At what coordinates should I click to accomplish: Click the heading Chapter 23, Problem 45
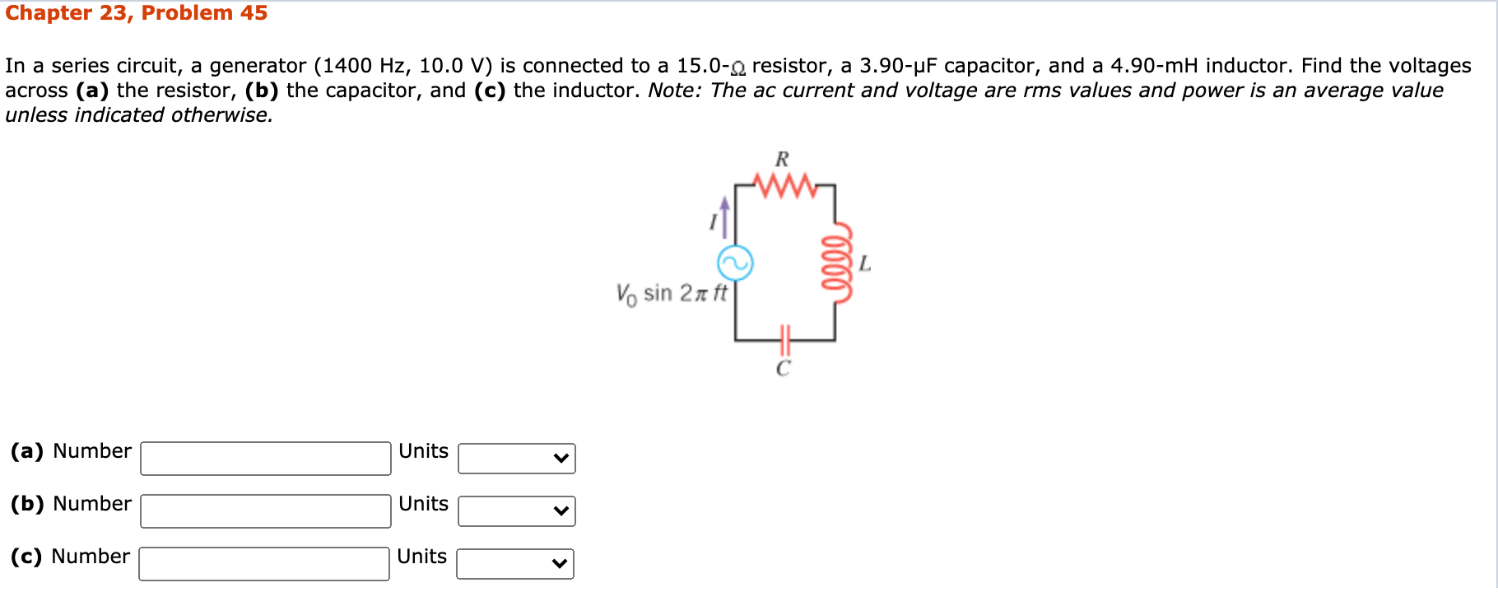tap(136, 13)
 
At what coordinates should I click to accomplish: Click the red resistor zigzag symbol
tap(784, 185)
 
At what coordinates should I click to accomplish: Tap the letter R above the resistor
tap(782, 159)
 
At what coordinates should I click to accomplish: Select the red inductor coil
tap(837, 263)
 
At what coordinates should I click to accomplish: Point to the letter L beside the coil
tap(864, 264)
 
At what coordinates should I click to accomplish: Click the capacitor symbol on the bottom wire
tap(784, 338)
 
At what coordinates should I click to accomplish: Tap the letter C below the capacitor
tap(783, 369)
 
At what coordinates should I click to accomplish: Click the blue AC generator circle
tap(735, 263)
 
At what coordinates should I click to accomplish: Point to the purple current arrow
tap(724, 216)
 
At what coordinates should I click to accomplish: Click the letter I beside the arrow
tap(713, 221)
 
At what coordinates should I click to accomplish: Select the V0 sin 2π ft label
tap(672, 294)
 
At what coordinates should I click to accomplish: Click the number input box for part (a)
tap(265, 459)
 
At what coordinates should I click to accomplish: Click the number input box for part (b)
tap(265, 511)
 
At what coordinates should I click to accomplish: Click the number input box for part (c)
tap(263, 564)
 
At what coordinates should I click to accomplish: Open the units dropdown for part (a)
tap(516, 459)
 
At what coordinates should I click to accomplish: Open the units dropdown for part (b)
tap(516, 511)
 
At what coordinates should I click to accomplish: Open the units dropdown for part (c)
tap(514, 564)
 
